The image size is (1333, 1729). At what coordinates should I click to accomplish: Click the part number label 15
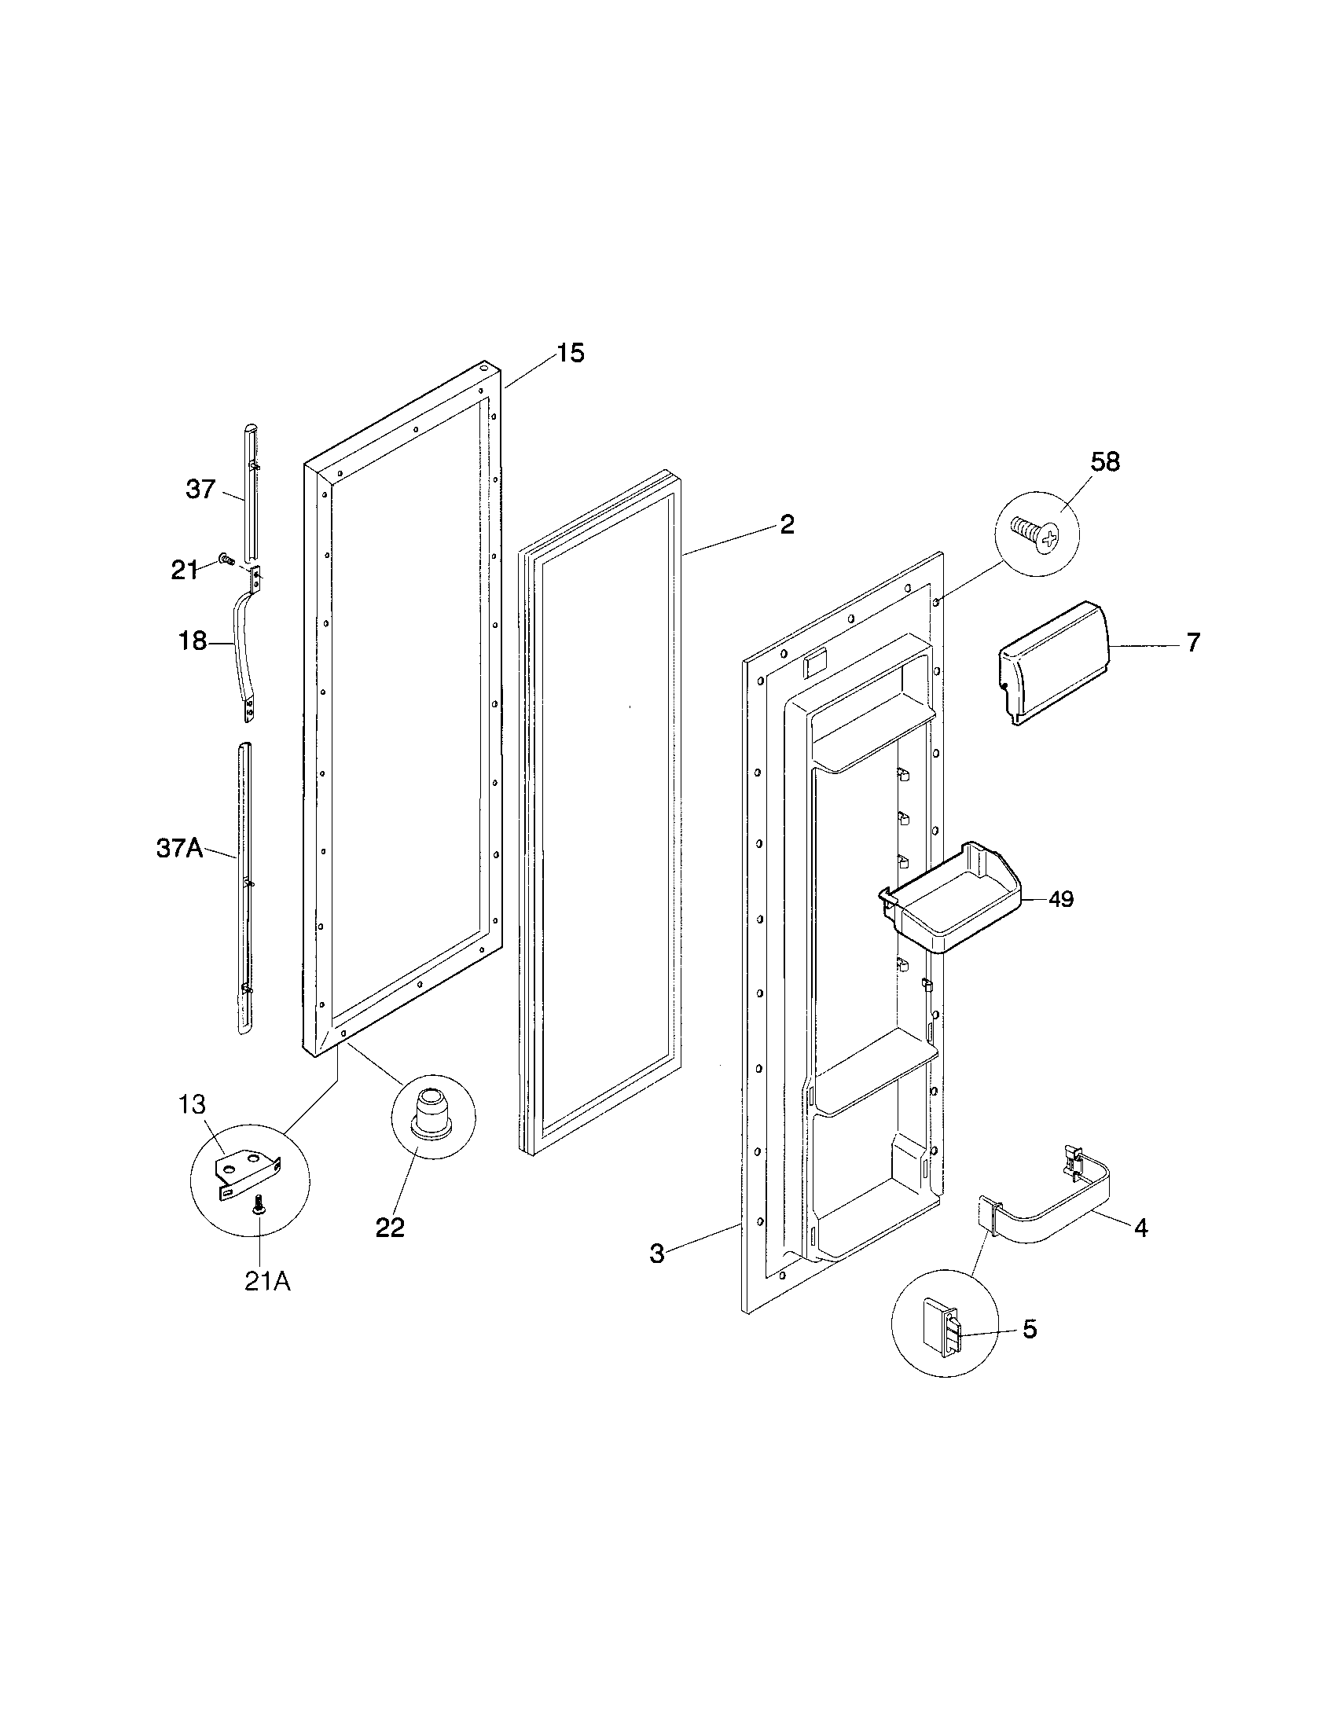(569, 353)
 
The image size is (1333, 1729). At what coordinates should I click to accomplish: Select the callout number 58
(1105, 462)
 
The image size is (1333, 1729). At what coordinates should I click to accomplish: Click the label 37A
(179, 850)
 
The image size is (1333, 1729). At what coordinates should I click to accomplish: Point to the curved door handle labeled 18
(237, 645)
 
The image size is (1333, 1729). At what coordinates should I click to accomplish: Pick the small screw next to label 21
(226, 559)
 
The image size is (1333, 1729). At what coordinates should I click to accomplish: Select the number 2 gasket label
(786, 524)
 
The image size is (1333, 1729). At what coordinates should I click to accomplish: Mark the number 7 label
(1192, 642)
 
